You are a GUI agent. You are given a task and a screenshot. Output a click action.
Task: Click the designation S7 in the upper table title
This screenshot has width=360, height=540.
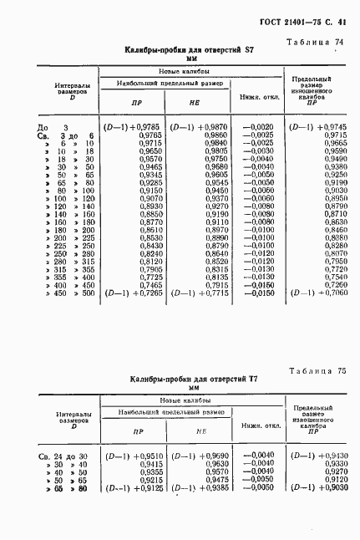tap(248, 51)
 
